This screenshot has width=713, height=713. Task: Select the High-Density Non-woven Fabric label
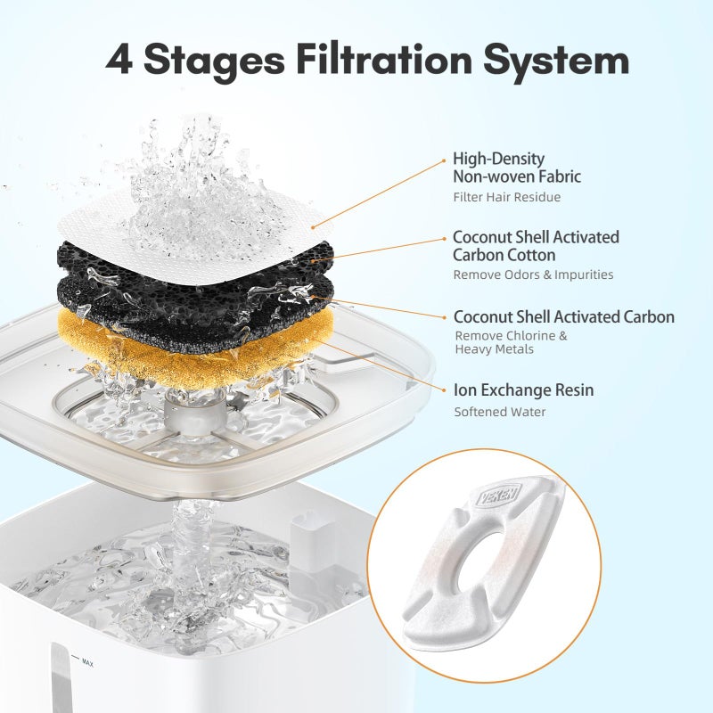(517, 168)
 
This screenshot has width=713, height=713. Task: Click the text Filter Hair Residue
(507, 197)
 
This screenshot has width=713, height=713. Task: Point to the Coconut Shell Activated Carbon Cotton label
(536, 246)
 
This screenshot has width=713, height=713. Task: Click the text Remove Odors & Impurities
(533, 275)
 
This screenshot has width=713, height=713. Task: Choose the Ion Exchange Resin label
(523, 390)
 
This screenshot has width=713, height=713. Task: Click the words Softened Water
(500, 412)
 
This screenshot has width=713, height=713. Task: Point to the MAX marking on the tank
(88, 662)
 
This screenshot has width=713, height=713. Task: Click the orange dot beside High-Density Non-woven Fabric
(445, 161)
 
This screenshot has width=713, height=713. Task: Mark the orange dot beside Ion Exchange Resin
(445, 390)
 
